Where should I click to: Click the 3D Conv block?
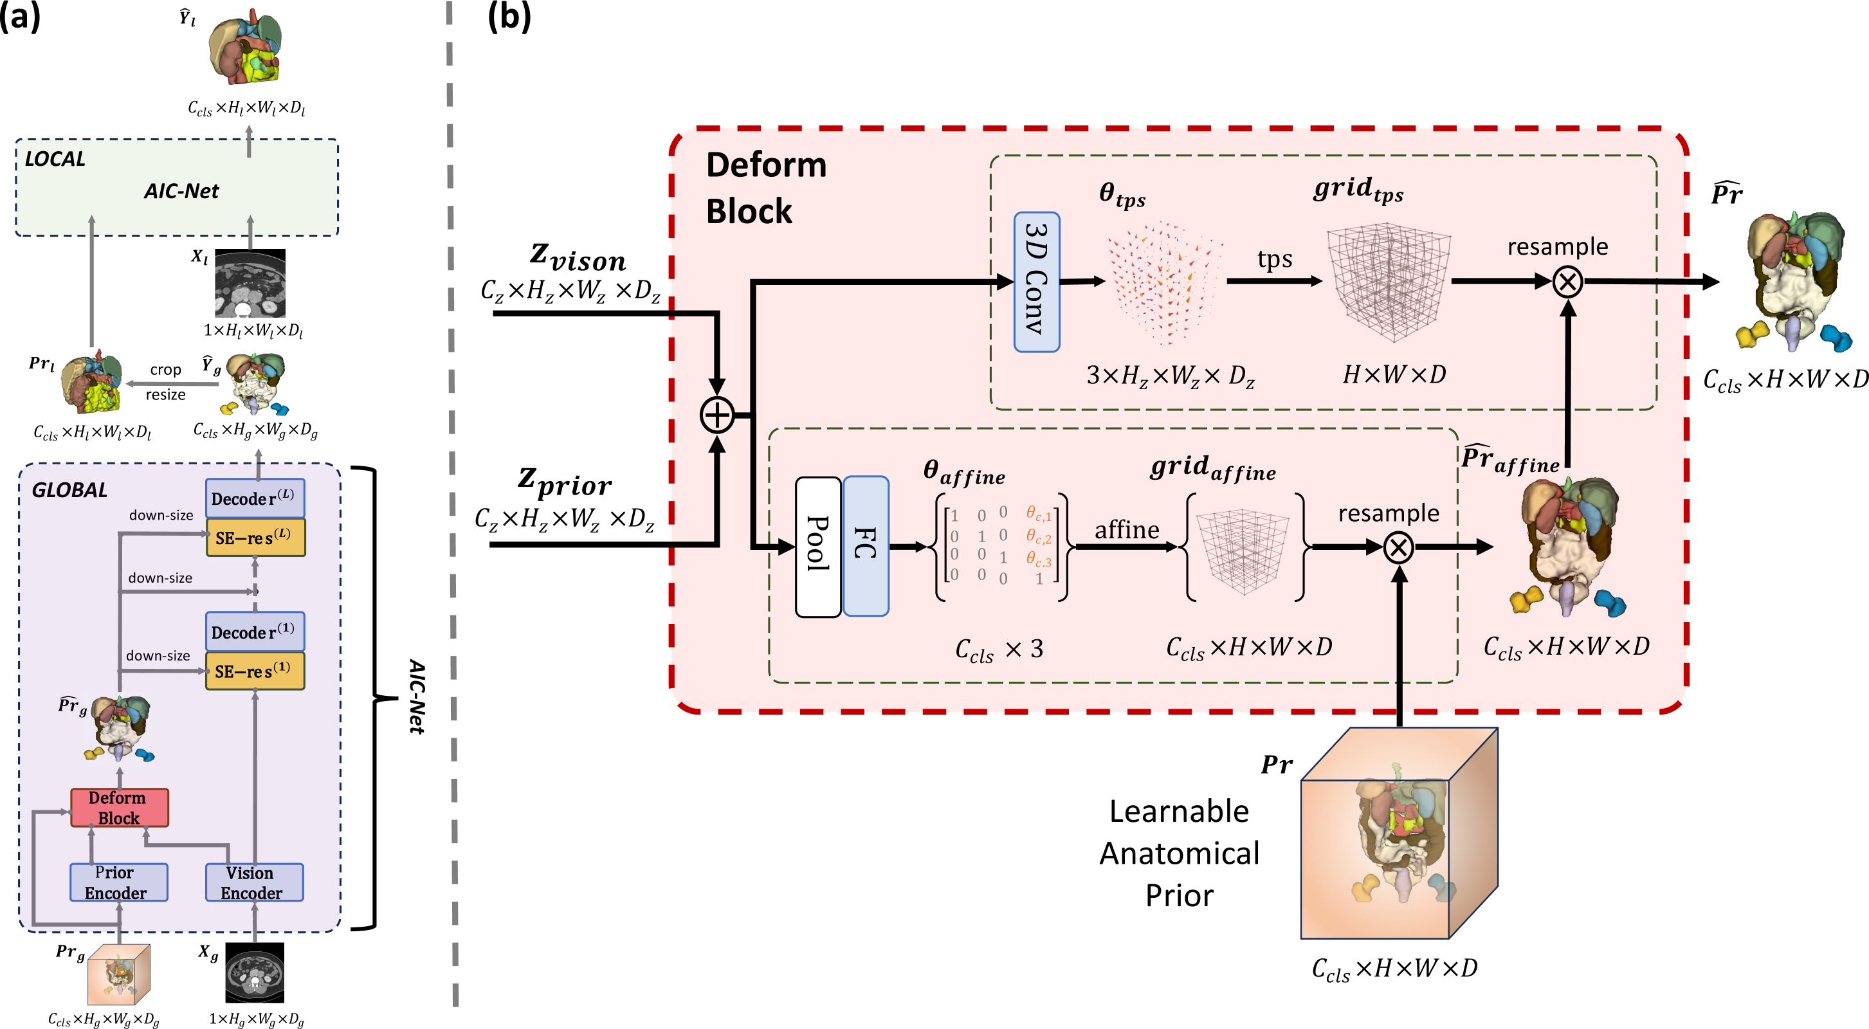1036,282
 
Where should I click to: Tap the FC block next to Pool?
866,547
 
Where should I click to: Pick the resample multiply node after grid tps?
1567,282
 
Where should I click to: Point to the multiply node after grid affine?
1399,547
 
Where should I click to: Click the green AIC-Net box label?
181,191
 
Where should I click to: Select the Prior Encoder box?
118,882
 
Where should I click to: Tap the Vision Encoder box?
254,882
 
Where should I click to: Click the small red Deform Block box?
119,808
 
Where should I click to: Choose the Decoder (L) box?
255,498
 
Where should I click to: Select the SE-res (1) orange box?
255,671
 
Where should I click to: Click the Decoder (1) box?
255,632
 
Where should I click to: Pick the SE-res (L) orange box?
255,538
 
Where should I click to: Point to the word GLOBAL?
69,491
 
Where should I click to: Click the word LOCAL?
55,159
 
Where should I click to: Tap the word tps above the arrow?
1275,259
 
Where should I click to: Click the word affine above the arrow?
1127,530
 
